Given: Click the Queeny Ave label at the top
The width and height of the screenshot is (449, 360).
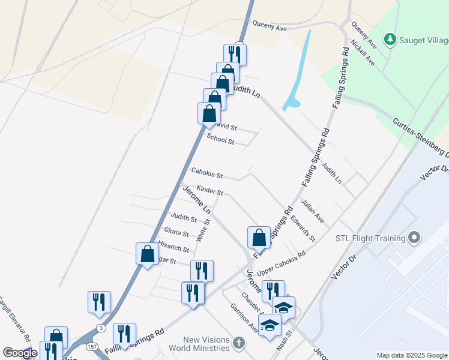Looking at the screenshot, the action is coord(270,26).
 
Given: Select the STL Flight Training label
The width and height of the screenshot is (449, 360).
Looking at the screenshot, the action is coord(370,238).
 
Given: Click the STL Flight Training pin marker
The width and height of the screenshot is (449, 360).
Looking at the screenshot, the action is coord(414,238).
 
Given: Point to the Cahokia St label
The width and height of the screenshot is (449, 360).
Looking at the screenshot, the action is coord(206,173).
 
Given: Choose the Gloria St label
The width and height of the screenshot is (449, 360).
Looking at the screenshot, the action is coord(176,232).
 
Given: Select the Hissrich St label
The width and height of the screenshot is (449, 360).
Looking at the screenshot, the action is coord(173,246).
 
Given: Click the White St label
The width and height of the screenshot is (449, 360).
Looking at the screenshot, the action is coord(207,230).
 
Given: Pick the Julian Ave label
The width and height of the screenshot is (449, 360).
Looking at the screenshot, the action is coord(313,212).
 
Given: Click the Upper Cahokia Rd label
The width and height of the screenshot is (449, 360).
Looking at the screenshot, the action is coord(282,262).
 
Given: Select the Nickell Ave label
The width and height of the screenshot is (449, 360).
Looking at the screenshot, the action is coord(363,53).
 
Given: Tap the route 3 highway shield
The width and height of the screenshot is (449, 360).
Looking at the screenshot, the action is coord(101,328).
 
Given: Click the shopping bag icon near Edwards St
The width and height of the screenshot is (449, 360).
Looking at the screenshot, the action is coord(259,237).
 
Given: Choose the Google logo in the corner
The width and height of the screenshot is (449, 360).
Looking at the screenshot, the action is coord(19,353).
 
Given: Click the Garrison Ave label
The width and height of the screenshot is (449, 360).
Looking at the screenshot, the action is coord(244,317).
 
